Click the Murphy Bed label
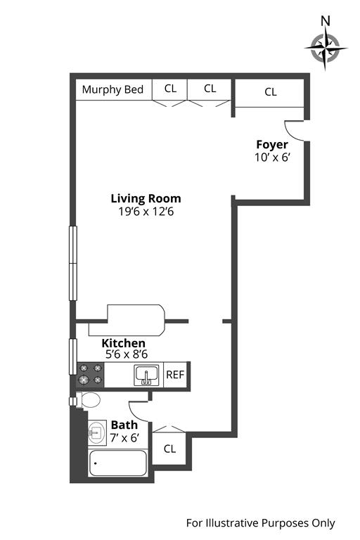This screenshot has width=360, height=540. (112, 89)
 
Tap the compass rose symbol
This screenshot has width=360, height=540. (326, 49)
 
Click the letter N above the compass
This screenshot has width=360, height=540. (326, 21)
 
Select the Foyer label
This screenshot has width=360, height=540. (272, 145)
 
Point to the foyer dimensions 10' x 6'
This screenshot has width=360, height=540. (272, 157)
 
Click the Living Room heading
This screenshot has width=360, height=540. (146, 199)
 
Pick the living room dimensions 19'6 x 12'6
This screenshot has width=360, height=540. (146, 212)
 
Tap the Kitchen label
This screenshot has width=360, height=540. (123, 343)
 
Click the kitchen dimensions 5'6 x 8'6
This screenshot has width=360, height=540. (127, 354)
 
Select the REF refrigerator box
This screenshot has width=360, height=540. (175, 375)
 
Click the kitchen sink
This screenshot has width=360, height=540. (146, 375)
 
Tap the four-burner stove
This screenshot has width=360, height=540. (91, 375)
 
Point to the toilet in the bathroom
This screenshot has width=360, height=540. (88, 400)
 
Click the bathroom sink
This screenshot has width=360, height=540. (97, 432)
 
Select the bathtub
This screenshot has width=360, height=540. (118, 463)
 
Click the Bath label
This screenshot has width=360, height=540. (124, 425)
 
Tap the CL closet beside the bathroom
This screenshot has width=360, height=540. (169, 448)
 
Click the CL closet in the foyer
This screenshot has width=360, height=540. (271, 92)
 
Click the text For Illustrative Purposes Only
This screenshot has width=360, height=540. (260, 523)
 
